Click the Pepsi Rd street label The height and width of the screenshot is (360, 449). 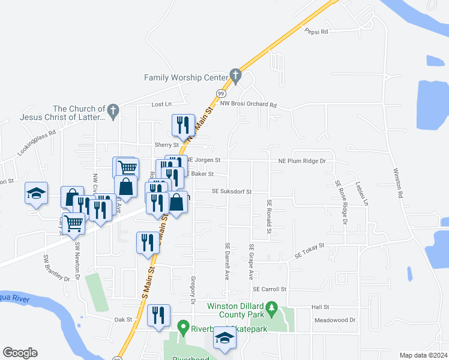pyautogui.click(x=316, y=31)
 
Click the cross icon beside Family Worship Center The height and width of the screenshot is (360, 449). pyautogui.click(x=236, y=76)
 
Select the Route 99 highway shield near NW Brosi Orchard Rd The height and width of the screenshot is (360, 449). pyautogui.click(x=221, y=94)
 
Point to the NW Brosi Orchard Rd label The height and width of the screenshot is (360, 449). pyautogui.click(x=248, y=104)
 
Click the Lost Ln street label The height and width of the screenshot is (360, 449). pyautogui.click(x=161, y=104)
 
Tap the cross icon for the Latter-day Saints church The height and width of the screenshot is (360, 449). pyautogui.click(x=112, y=110)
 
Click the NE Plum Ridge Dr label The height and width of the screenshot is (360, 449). pyautogui.click(x=301, y=161)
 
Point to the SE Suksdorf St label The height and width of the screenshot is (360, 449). pyautogui.click(x=231, y=191)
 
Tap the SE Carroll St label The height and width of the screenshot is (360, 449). pyautogui.click(x=270, y=289)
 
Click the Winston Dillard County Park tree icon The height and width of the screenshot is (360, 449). pyautogui.click(x=271, y=310)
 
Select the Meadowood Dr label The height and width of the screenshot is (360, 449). pyautogui.click(x=336, y=320)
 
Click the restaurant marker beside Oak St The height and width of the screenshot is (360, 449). pyautogui.click(x=158, y=315)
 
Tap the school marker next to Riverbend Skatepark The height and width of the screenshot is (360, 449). pyautogui.click(x=225, y=338)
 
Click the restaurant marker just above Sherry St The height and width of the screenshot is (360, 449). pyautogui.click(x=183, y=125)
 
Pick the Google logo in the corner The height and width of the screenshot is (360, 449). pyautogui.click(x=20, y=353)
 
